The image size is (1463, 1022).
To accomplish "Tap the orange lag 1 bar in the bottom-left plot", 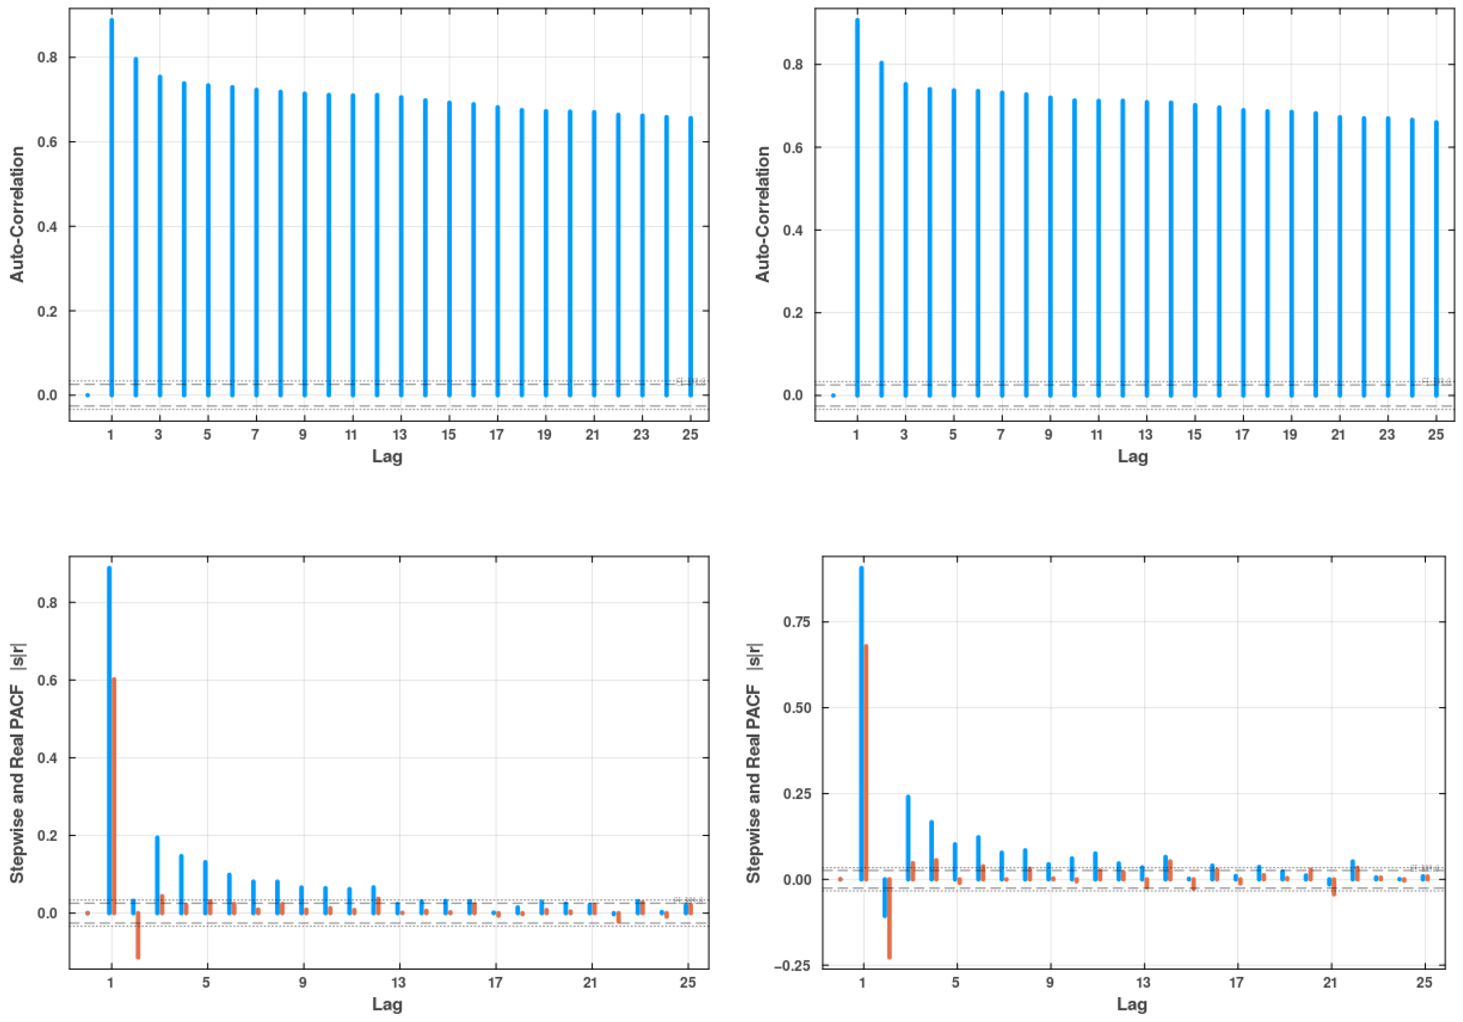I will [114, 796].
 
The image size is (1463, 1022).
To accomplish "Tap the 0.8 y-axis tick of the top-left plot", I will [47, 57].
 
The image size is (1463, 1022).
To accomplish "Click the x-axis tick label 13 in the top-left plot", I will [400, 435].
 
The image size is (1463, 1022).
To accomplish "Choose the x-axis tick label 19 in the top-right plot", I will [1290, 435].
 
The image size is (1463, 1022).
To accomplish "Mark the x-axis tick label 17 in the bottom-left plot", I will [495, 983].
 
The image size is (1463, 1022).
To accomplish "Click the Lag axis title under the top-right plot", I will [1132, 457].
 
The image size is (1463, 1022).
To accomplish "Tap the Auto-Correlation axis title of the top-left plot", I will [17, 214].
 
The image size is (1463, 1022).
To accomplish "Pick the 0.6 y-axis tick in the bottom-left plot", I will [47, 680].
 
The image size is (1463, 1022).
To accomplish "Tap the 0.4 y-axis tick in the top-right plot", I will [793, 230].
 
